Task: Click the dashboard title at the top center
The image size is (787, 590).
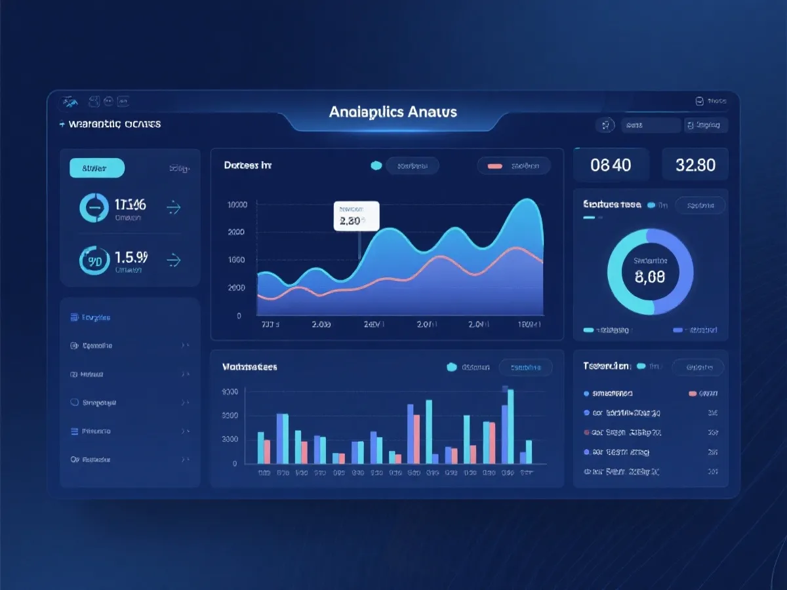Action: (x=393, y=112)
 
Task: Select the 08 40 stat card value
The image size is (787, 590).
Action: (x=611, y=165)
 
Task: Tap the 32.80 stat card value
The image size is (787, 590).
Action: (x=695, y=165)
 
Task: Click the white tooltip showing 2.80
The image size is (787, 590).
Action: (x=356, y=216)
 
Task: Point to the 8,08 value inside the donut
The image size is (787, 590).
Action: (x=650, y=277)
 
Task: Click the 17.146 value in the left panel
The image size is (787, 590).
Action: (x=130, y=204)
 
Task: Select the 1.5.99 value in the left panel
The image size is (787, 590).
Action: (x=131, y=256)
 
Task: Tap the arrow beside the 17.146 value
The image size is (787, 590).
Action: (x=173, y=208)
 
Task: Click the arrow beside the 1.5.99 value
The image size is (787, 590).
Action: (x=173, y=261)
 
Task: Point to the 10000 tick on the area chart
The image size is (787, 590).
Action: (x=237, y=205)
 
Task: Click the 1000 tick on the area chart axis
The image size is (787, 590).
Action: (x=237, y=260)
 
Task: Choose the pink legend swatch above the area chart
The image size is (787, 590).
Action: (x=494, y=167)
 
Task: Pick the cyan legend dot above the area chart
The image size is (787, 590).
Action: (x=376, y=167)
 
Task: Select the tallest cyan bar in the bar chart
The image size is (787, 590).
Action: (x=510, y=426)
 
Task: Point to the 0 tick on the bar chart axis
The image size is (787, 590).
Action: (x=234, y=463)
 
